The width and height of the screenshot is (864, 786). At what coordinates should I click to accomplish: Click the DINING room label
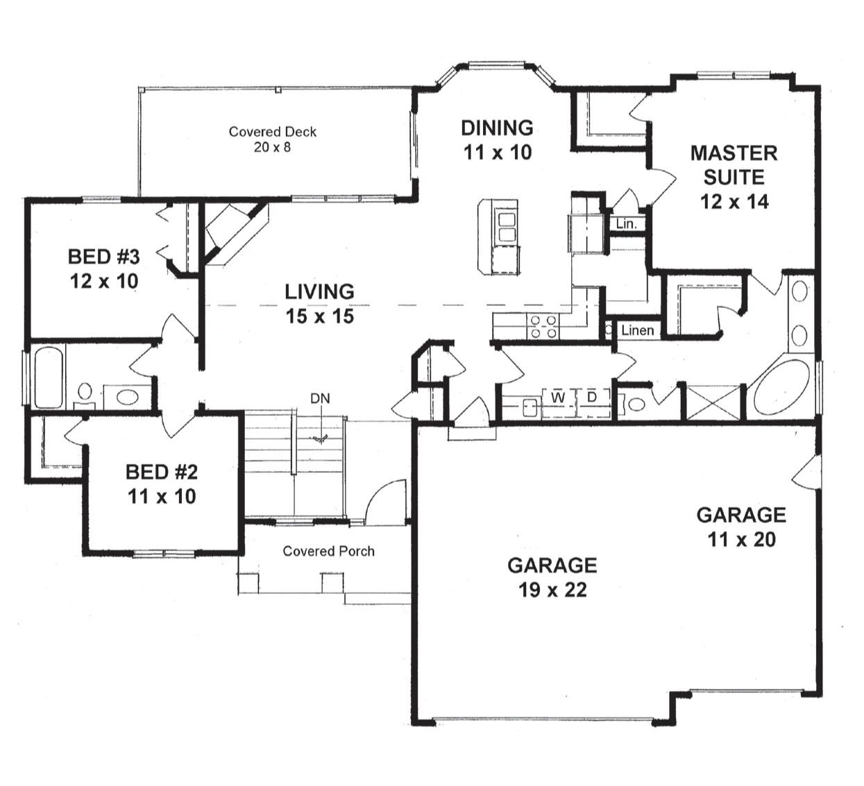coord(497,140)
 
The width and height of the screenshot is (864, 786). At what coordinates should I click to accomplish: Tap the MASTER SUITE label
coord(734,177)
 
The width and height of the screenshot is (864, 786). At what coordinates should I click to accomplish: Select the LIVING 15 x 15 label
coord(320,304)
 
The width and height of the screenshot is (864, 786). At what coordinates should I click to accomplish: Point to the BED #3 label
coord(104,268)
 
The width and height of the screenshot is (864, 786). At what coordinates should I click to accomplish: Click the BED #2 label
coord(162,484)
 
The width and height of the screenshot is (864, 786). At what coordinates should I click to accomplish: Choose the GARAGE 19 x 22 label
coord(552,577)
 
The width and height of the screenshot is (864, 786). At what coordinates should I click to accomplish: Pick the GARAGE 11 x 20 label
coord(741,527)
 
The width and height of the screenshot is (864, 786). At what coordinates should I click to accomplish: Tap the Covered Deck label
coord(272,139)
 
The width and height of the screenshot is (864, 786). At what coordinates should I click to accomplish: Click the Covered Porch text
coord(329,551)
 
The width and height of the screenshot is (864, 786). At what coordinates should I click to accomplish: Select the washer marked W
coord(559,402)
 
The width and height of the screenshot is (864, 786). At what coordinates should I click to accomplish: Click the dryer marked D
coord(593,402)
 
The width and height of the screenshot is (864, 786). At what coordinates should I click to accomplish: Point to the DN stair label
coord(320,398)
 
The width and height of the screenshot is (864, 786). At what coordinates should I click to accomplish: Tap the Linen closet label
coord(638,330)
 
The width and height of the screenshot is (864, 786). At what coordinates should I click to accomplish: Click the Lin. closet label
coord(626,224)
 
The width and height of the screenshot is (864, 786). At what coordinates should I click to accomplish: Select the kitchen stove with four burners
coord(543,327)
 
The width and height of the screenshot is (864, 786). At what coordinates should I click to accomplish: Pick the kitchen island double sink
coord(507,227)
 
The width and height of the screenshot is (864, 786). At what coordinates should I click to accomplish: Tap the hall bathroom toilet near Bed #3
coord(85,395)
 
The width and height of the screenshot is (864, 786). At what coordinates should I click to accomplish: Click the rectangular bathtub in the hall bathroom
coord(49,377)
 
